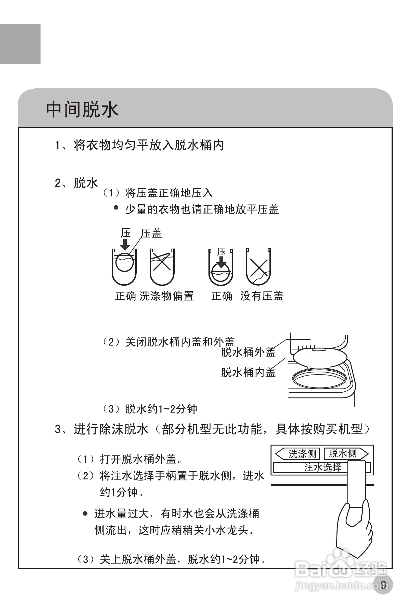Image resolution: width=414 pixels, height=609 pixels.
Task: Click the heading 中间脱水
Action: click(82, 110)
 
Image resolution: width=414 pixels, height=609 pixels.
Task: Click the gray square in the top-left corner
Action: click(20, 44)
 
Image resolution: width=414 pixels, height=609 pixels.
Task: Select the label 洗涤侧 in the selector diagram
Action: click(302, 454)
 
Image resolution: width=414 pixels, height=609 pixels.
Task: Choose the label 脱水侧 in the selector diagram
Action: click(343, 453)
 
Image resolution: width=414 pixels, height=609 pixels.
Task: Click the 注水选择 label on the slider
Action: click(323, 467)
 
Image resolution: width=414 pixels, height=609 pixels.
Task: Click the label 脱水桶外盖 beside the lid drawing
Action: click(248, 352)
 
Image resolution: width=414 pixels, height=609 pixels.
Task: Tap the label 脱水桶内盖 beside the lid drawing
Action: click(248, 372)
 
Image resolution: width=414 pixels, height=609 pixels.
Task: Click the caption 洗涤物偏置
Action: click(166, 296)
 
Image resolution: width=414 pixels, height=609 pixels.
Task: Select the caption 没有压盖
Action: click(262, 296)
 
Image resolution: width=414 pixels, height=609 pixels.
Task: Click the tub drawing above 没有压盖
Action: click(258, 267)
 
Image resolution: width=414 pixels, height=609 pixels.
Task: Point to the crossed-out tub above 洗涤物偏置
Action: click(162, 267)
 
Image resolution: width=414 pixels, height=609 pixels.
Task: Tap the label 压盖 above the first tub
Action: click(151, 233)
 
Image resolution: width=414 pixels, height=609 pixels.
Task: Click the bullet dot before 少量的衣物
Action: click(116, 208)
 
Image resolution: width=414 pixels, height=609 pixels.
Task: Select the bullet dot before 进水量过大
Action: click(85, 514)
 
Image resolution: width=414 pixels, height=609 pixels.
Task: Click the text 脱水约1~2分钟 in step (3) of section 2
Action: click(161, 409)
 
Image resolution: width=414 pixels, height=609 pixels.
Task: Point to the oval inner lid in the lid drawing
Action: click(320, 357)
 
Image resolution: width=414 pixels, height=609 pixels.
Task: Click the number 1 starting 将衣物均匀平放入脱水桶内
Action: click(58, 145)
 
